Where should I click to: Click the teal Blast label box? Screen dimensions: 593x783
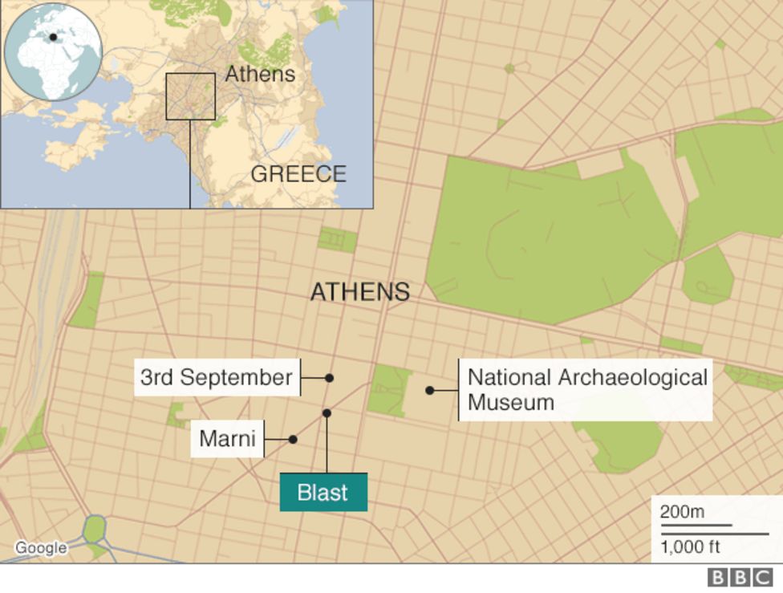[x=323, y=492]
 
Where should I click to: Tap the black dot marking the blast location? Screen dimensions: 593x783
[x=327, y=413]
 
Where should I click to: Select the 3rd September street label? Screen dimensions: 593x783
[x=216, y=377]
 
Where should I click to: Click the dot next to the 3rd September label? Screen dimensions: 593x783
[x=329, y=377]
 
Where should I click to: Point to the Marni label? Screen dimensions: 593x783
[x=227, y=439]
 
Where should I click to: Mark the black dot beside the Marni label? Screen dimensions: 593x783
[x=293, y=439]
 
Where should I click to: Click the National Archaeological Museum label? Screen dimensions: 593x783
[x=587, y=389]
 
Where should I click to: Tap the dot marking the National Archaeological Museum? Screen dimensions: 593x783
[x=430, y=390]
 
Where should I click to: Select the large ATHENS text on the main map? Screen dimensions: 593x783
[x=360, y=292]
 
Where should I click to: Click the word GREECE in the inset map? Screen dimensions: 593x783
[x=298, y=174]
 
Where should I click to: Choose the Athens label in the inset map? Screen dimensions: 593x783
[x=260, y=75]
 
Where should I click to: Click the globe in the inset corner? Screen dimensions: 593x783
[x=53, y=52]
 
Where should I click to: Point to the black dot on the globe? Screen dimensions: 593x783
[x=53, y=37]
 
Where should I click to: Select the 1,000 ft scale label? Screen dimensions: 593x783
[x=690, y=547]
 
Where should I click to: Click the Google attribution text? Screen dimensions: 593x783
[x=41, y=548]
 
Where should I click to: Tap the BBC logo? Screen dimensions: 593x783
[x=740, y=578]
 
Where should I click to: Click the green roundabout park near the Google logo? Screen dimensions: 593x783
[x=95, y=530]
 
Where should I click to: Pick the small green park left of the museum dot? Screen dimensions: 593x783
[x=390, y=390]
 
